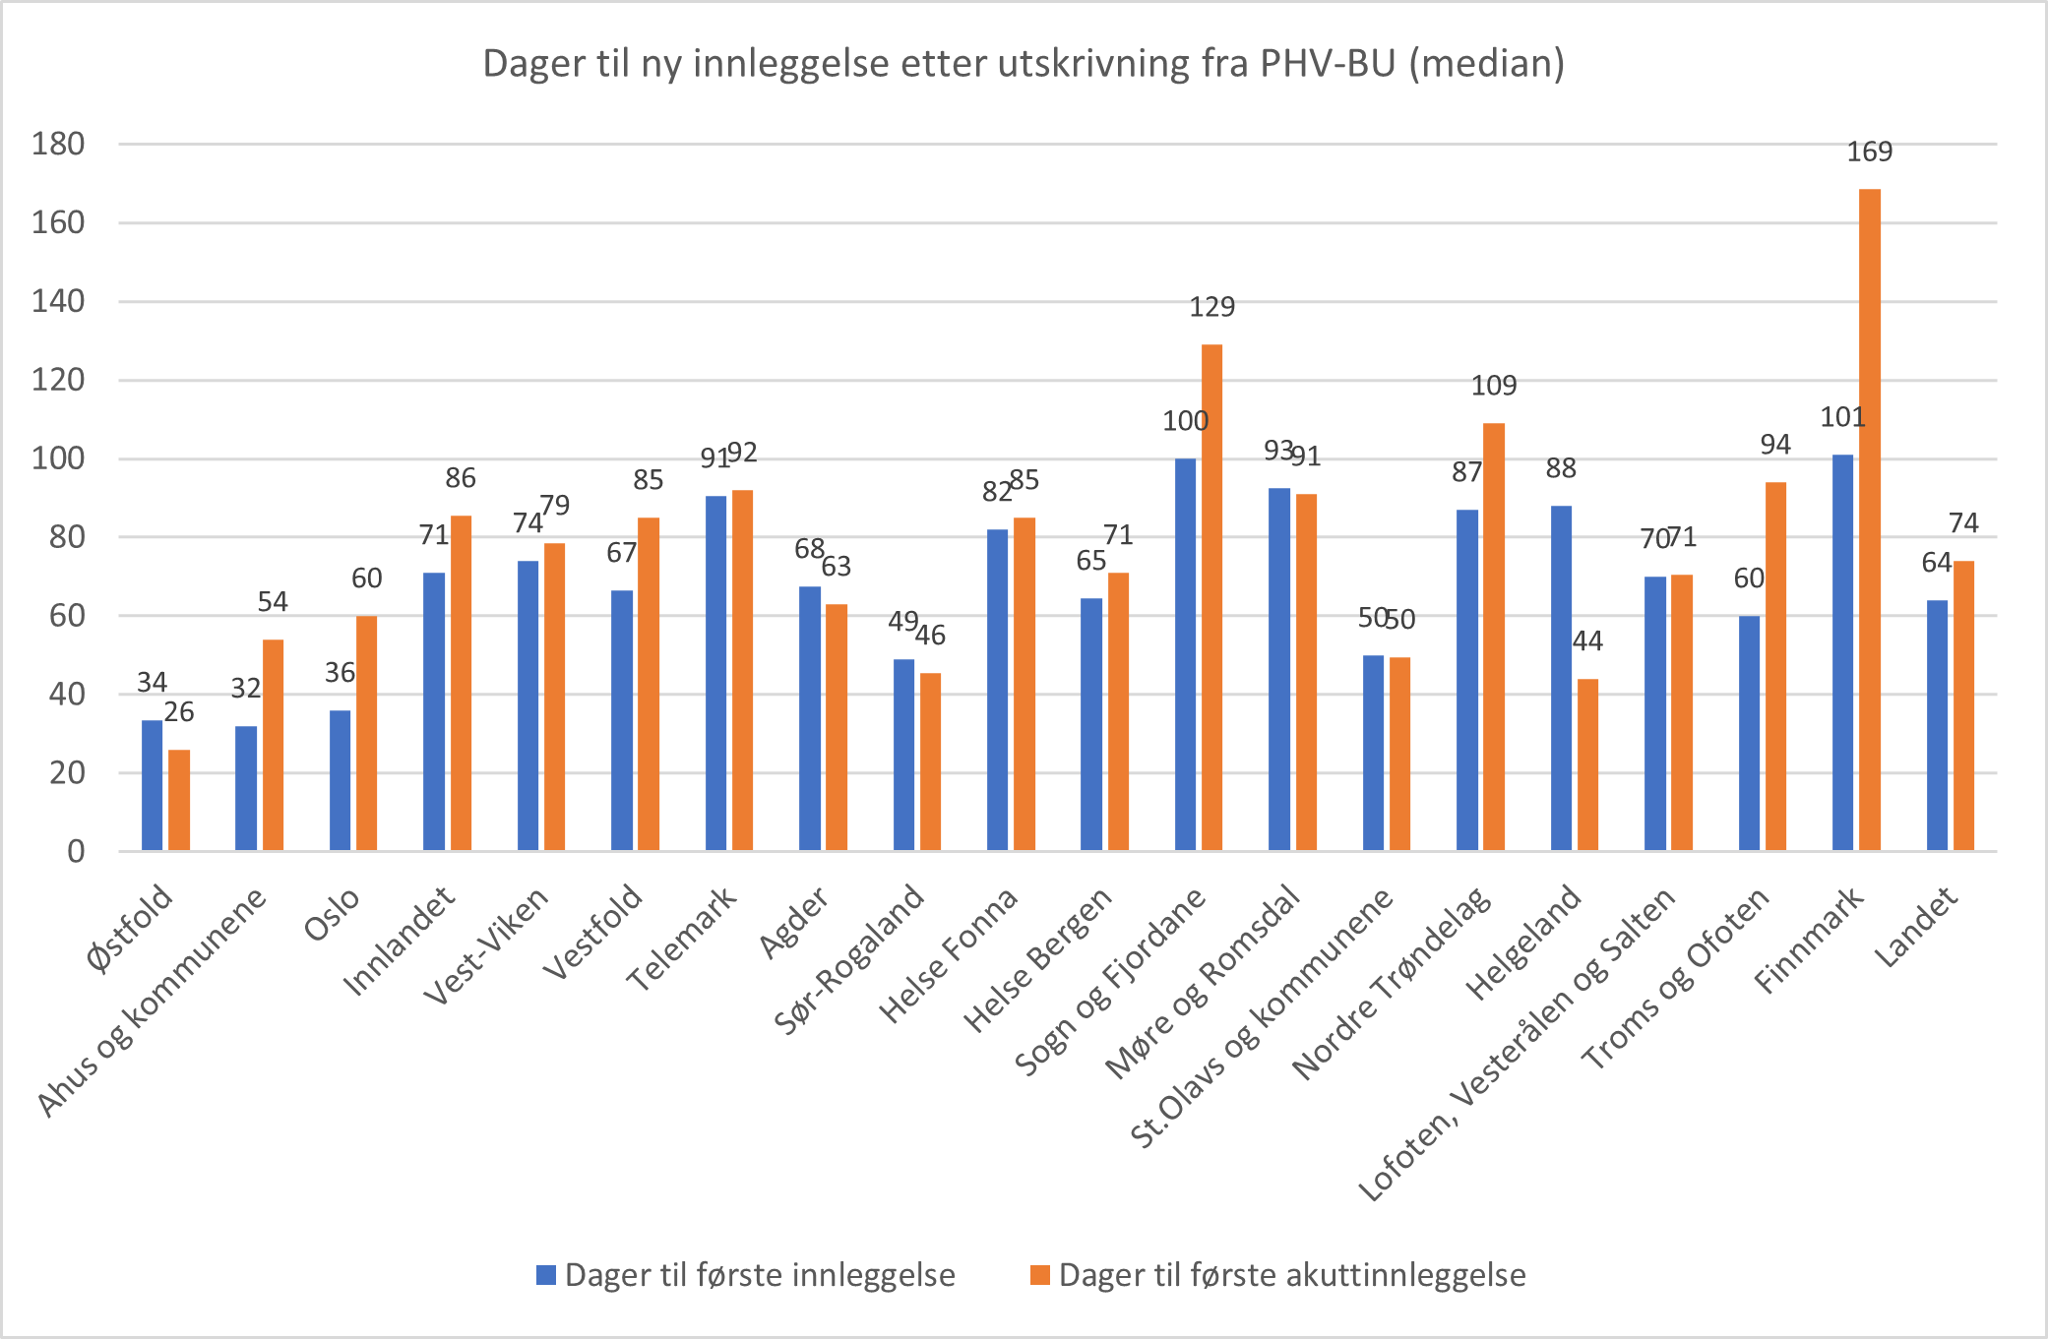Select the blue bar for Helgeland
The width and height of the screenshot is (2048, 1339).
click(1561, 678)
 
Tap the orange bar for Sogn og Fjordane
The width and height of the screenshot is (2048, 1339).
click(1211, 597)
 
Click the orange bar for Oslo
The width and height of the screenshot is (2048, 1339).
click(366, 733)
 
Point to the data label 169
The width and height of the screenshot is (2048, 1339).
click(1869, 152)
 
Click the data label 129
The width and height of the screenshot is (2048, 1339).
click(1211, 307)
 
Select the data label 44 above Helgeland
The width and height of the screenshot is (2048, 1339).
click(1587, 641)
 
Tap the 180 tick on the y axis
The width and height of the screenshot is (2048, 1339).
click(58, 145)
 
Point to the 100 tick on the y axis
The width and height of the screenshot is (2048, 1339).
click(58, 458)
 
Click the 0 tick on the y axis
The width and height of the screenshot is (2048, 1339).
click(76, 851)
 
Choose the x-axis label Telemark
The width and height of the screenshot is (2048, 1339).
click(682, 939)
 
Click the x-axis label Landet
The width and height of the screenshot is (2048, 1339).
click(1915, 927)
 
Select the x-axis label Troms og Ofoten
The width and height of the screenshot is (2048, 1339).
click(1675, 978)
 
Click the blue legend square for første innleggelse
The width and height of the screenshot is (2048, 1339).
click(546, 1275)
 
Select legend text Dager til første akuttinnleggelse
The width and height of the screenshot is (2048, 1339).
click(1291, 1275)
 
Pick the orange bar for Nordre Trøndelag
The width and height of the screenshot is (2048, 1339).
click(1493, 637)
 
